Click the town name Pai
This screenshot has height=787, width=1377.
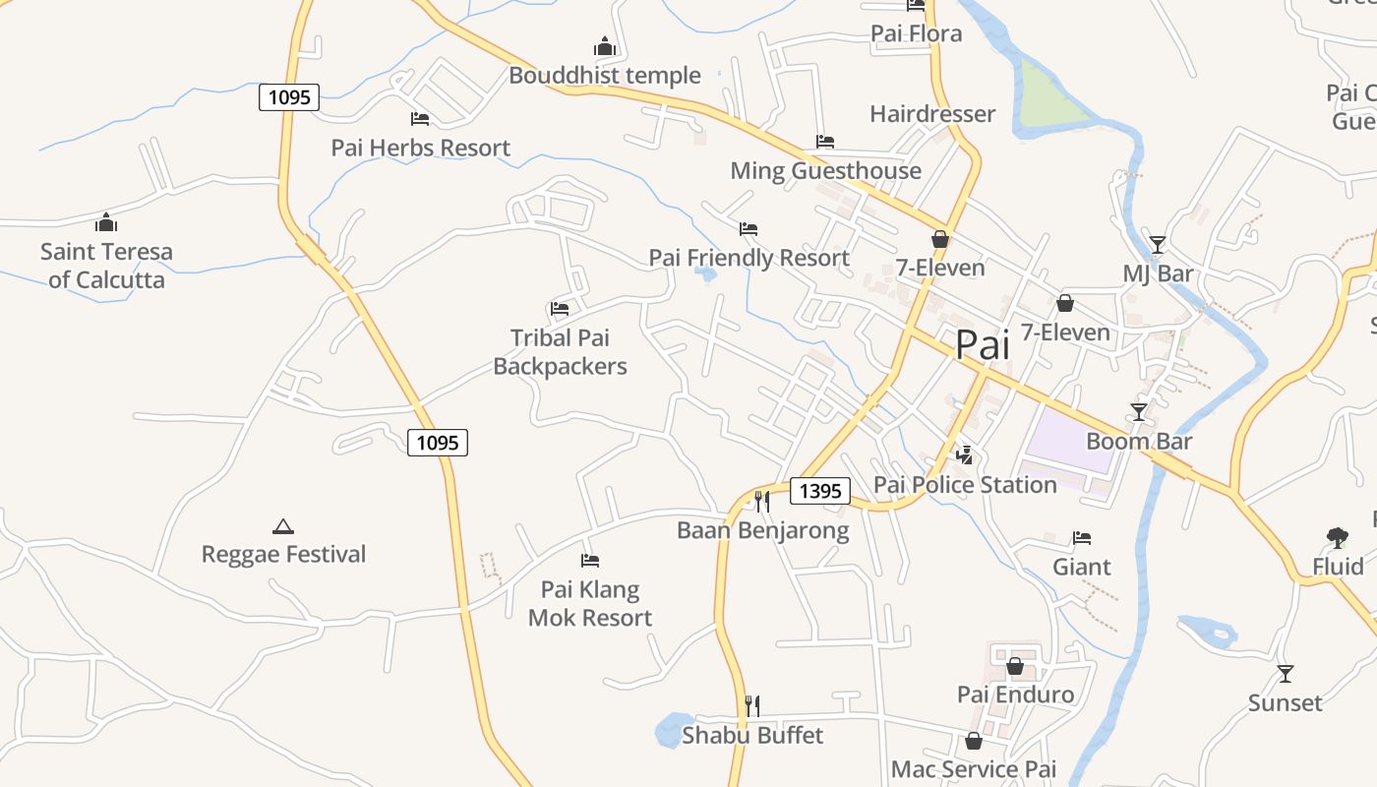click(983, 344)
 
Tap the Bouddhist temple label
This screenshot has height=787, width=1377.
click(605, 76)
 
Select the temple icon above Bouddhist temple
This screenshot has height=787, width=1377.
click(604, 46)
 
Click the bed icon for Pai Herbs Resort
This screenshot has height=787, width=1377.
click(420, 119)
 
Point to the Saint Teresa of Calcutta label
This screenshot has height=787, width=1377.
click(106, 266)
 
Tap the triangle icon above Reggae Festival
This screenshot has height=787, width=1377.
click(283, 527)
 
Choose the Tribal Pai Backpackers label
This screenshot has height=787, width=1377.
click(560, 352)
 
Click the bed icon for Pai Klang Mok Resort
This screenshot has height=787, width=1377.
click(590, 561)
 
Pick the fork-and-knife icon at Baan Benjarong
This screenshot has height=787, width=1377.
click(761, 502)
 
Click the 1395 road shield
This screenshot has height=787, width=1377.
click(819, 491)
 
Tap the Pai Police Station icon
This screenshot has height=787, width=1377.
click(965, 454)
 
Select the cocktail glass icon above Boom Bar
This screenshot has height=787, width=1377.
click(1139, 411)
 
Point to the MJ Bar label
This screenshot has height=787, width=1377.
click(1158, 273)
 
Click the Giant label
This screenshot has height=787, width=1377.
click(1082, 567)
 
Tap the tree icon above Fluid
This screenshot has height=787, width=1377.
click(1337, 537)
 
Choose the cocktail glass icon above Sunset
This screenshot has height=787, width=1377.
click(1285, 674)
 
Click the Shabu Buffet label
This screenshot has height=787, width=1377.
click(752, 735)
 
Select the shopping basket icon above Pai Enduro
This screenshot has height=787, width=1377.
click(1015, 666)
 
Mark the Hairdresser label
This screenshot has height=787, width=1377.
click(932, 114)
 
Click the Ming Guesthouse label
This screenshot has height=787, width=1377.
click(825, 171)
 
